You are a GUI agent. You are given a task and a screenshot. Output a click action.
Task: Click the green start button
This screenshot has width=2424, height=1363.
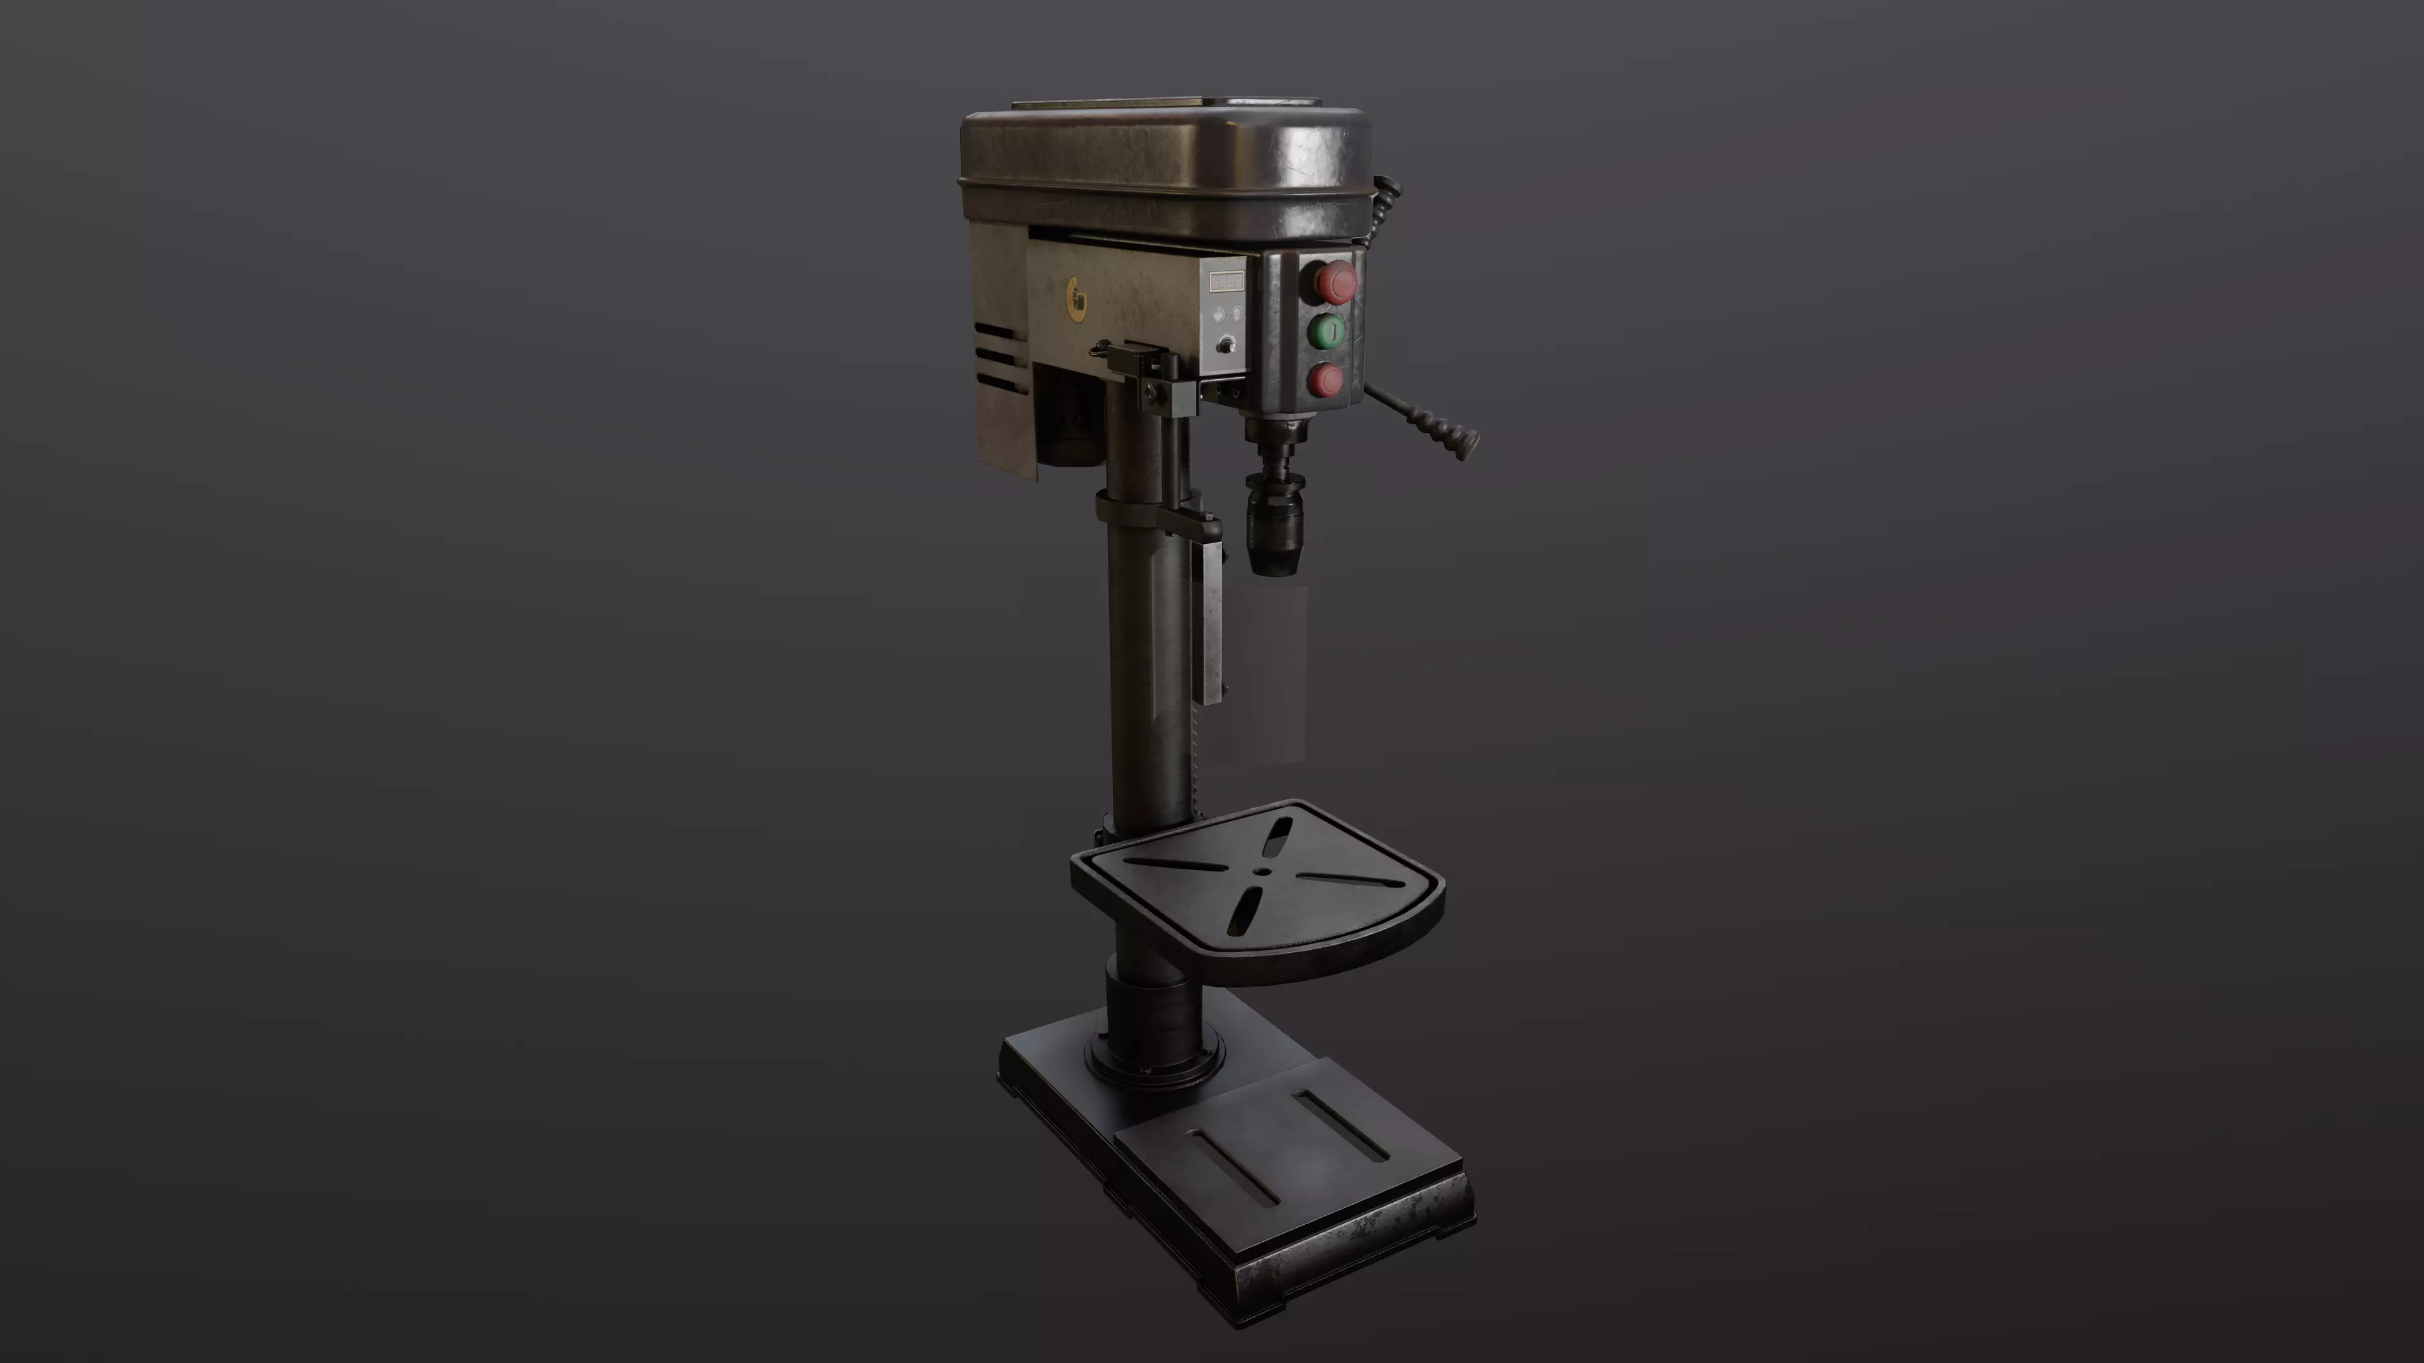tap(1327, 331)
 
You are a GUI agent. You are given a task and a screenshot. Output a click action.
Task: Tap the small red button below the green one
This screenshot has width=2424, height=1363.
tap(1327, 380)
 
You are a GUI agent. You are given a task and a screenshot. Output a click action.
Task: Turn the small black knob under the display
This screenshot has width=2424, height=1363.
tap(1224, 346)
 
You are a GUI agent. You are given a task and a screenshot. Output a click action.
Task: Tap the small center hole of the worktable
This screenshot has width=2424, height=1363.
tap(1261, 873)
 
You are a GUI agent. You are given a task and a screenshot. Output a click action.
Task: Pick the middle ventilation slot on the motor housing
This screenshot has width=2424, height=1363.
tap(997, 357)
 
